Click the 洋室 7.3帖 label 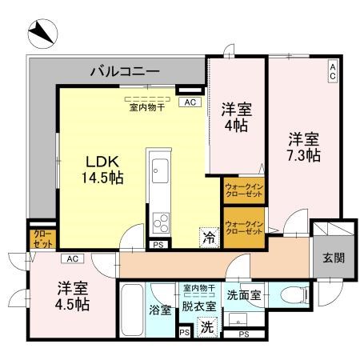305,146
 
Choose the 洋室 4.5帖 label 72,295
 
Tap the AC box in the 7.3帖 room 332,71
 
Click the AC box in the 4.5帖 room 72,258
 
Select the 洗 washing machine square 206,326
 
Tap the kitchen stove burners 158,220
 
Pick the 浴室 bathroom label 160,310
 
